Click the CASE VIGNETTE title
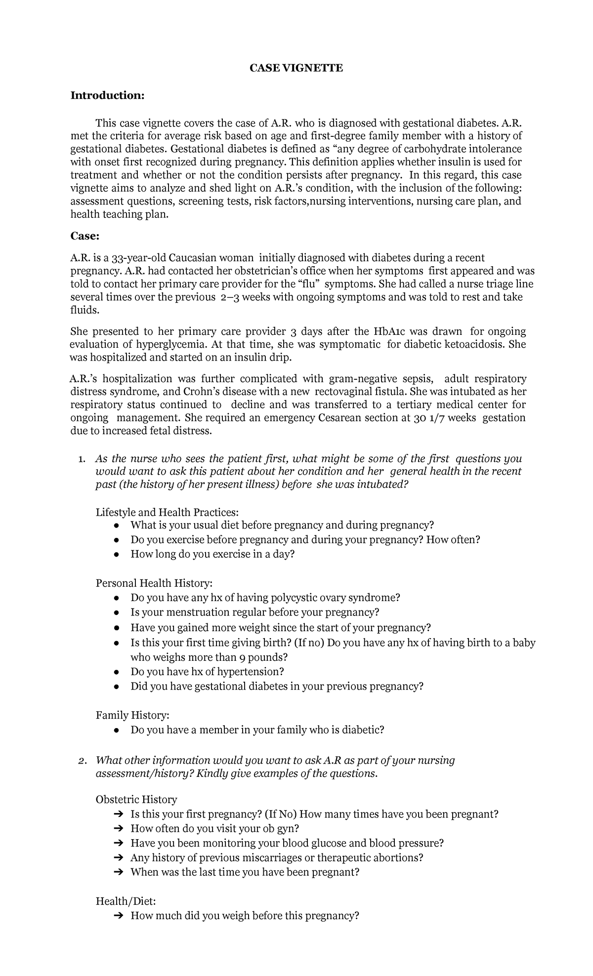coord(296,68)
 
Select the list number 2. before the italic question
coord(83,760)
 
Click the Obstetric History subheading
coord(136,799)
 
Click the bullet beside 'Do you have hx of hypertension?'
coord(116,672)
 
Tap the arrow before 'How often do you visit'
coord(117,828)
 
